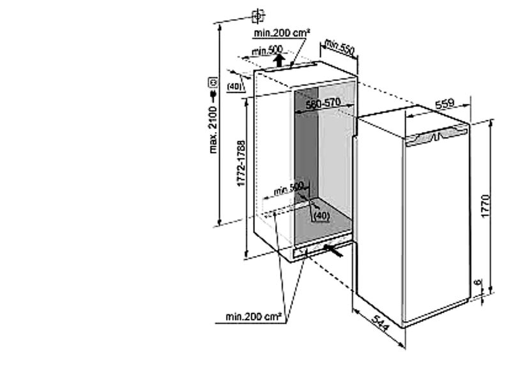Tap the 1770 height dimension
click(x=485, y=206)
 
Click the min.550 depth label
click(x=339, y=46)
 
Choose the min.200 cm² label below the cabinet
click(x=254, y=316)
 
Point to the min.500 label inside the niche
click(x=288, y=189)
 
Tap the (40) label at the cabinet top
click(x=235, y=85)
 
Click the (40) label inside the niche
click(x=321, y=215)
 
